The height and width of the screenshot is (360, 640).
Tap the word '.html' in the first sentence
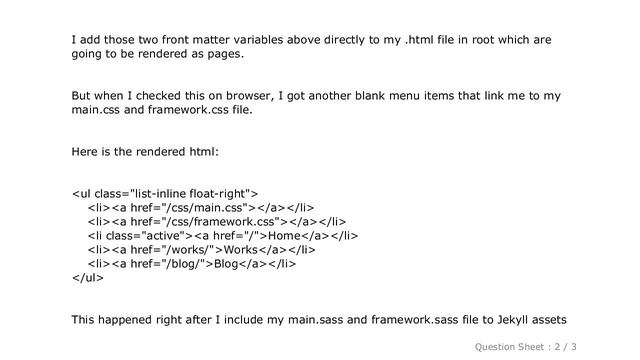tap(409, 39)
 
